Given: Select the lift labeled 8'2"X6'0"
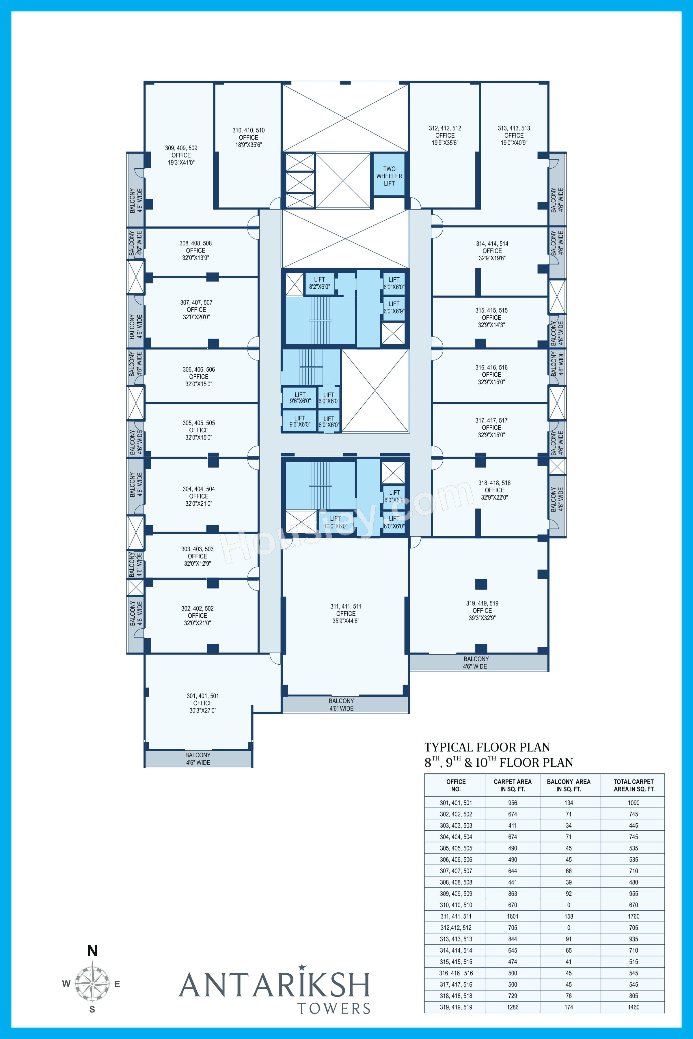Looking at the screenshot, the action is (x=319, y=283).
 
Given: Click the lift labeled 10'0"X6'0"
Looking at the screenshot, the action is (x=336, y=522).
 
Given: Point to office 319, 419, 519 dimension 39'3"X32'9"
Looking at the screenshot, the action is (x=482, y=618).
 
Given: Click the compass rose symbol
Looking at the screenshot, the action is (x=92, y=984).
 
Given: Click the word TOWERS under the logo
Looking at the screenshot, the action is (x=334, y=1008).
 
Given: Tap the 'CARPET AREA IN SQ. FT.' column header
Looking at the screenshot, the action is (x=513, y=785).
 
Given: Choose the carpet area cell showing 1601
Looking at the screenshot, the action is (x=513, y=916).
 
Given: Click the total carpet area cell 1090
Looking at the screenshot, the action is (x=633, y=803).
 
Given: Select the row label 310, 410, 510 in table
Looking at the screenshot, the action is (x=456, y=905).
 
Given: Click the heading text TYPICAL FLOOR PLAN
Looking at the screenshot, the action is (x=487, y=747).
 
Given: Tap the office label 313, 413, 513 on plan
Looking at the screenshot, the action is (x=514, y=128).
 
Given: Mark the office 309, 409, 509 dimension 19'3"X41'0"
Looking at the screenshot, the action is (x=181, y=162).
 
